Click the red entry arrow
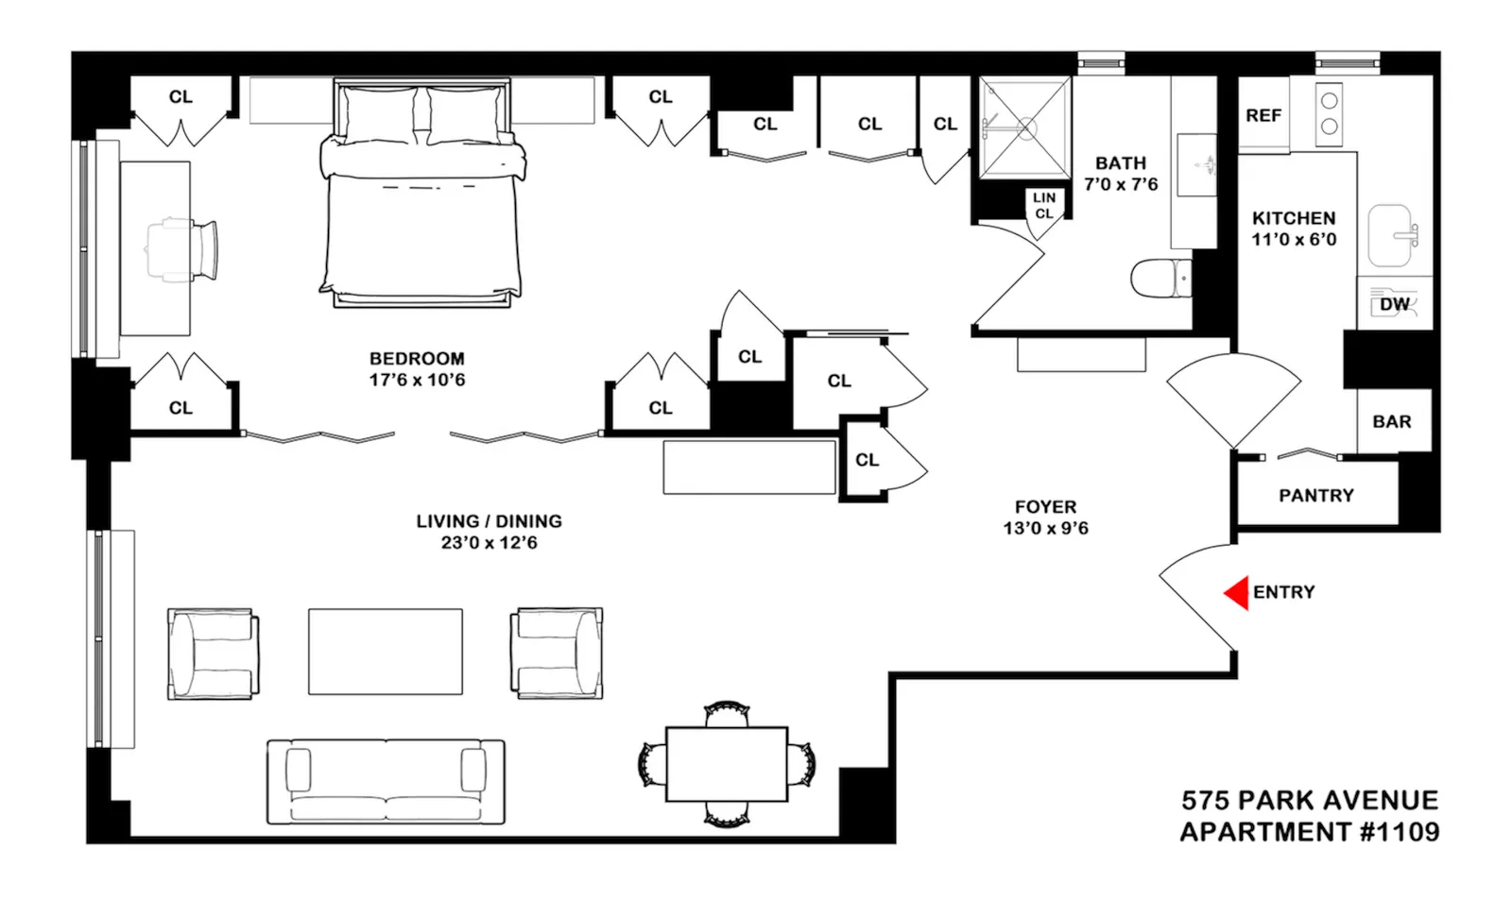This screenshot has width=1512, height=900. click(1237, 593)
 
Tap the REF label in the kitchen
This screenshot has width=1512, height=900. click(1263, 115)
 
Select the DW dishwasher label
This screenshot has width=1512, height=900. click(1394, 304)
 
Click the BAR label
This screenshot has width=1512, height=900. click(1391, 421)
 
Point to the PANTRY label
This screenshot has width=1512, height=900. click(1315, 495)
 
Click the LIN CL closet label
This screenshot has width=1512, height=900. click(1043, 205)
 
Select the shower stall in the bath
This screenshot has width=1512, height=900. click(1024, 127)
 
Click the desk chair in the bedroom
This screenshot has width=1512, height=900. click(183, 250)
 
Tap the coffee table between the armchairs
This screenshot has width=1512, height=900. click(385, 652)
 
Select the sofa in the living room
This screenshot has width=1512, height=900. click(385, 782)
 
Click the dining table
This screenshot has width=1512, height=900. click(726, 764)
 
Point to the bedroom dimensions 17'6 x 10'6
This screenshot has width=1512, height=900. click(417, 380)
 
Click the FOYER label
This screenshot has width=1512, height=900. click(1045, 507)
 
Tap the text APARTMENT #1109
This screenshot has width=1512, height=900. click(1309, 832)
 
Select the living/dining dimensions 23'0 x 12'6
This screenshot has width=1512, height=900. click(489, 543)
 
